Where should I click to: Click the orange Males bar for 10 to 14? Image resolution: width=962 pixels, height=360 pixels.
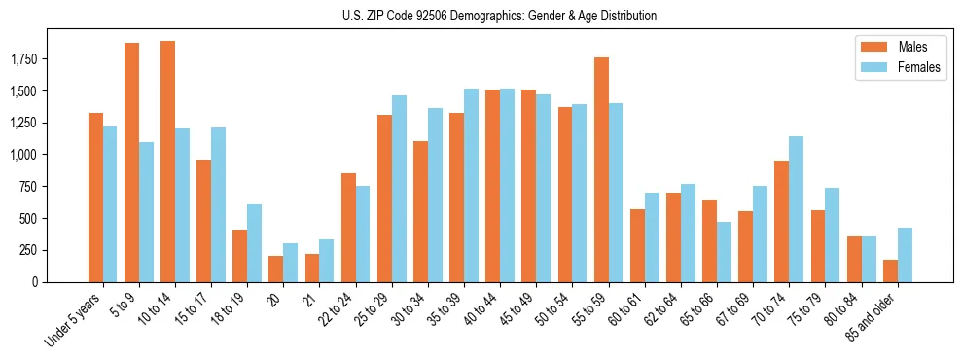pos(167,162)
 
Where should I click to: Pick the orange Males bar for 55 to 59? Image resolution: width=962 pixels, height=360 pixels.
pos(601,169)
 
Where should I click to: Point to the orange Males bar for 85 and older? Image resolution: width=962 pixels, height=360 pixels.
pos(890,270)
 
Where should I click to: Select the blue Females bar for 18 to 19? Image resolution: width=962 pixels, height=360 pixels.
pos(254,243)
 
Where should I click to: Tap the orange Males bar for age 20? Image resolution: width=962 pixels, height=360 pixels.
pos(275,269)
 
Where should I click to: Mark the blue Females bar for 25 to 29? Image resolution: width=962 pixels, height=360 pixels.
pos(399,189)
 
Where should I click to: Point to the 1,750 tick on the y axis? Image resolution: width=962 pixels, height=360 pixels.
pos(51,60)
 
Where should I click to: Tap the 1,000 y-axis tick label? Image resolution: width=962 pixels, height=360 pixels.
pos(51,155)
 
